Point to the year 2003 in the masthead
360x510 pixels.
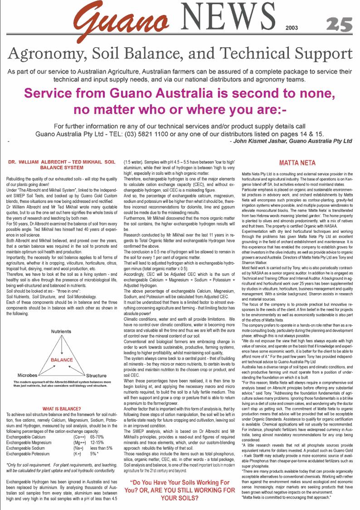292,28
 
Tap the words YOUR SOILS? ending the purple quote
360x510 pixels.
171,498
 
